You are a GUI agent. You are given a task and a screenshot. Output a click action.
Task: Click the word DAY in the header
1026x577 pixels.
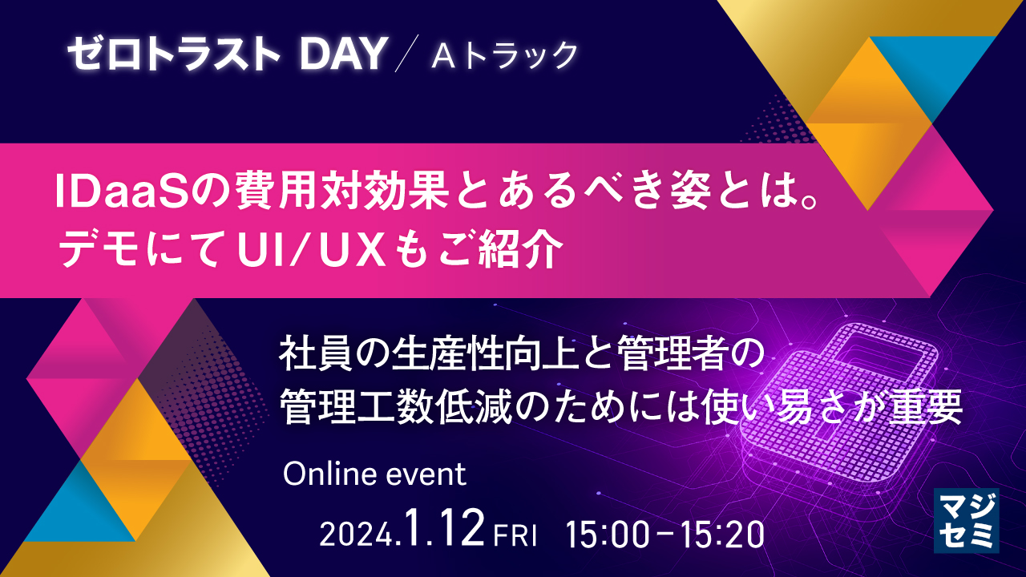click(x=341, y=54)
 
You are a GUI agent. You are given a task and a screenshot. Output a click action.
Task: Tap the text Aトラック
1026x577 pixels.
click(x=504, y=55)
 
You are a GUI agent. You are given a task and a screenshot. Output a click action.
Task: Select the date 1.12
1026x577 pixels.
click(x=446, y=530)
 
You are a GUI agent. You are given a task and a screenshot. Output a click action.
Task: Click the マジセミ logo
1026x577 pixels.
click(x=966, y=520)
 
